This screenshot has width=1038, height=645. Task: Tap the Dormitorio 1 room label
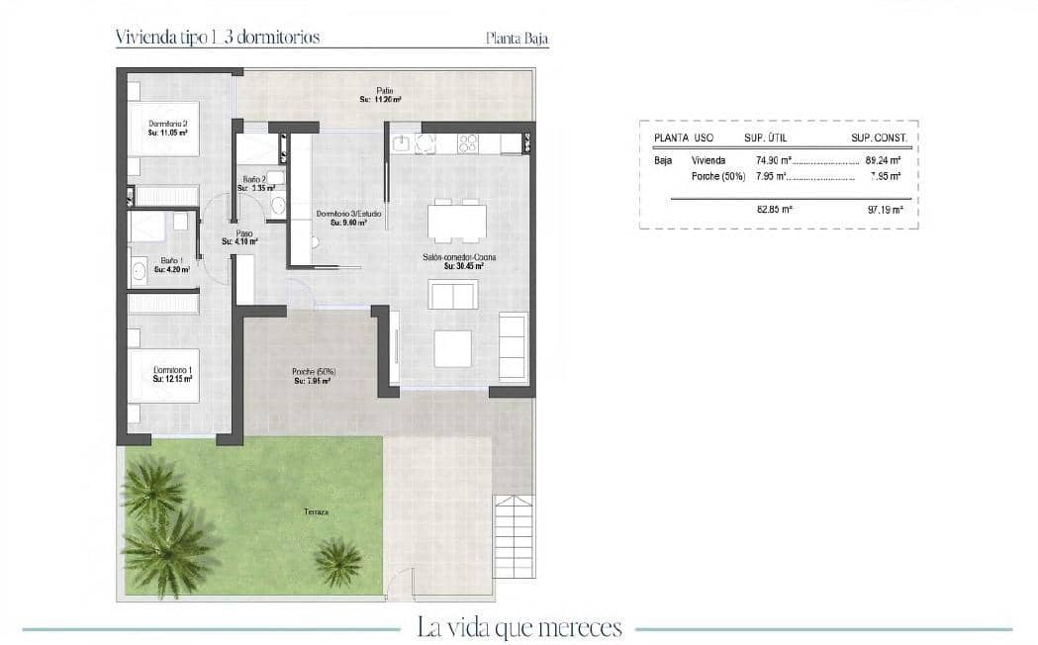(x=172, y=371)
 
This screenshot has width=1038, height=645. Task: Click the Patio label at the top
(x=385, y=91)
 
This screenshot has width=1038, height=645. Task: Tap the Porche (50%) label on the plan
(x=314, y=372)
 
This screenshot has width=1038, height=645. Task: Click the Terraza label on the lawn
(x=317, y=512)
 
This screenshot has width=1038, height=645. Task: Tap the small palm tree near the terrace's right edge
(x=338, y=562)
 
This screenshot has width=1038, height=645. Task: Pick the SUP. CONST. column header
(x=879, y=138)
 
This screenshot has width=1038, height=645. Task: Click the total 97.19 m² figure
(x=885, y=210)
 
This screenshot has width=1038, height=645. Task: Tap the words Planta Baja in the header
(x=517, y=41)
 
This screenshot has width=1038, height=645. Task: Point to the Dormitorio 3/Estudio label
(x=348, y=213)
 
